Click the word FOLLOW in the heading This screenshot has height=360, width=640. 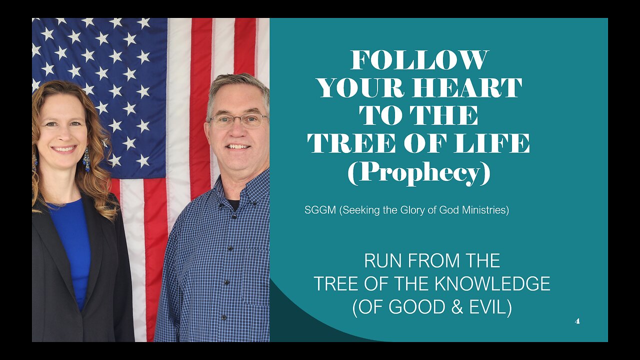[x=419, y=60]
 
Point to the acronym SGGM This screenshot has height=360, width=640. [x=320, y=210]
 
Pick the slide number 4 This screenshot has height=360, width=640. [x=577, y=321]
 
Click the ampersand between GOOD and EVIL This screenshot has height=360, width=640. [x=457, y=307]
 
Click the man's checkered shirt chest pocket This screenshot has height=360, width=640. [x=255, y=277]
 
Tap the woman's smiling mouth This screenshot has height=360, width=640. [x=64, y=149]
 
